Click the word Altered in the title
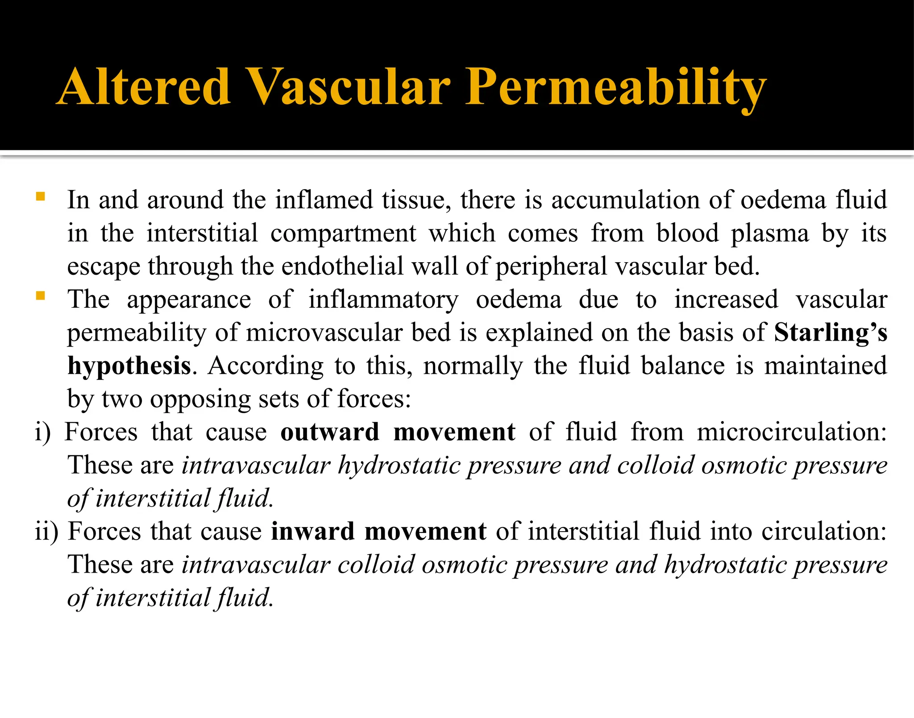(x=144, y=87)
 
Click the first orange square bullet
(x=40, y=196)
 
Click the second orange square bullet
(x=40, y=295)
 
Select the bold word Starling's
(x=830, y=333)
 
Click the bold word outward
(x=330, y=432)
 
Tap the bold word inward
(x=312, y=532)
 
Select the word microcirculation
(x=791, y=432)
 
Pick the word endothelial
(x=342, y=267)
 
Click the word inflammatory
(x=383, y=300)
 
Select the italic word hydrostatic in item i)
(x=399, y=466)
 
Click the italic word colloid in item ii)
(x=376, y=565)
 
